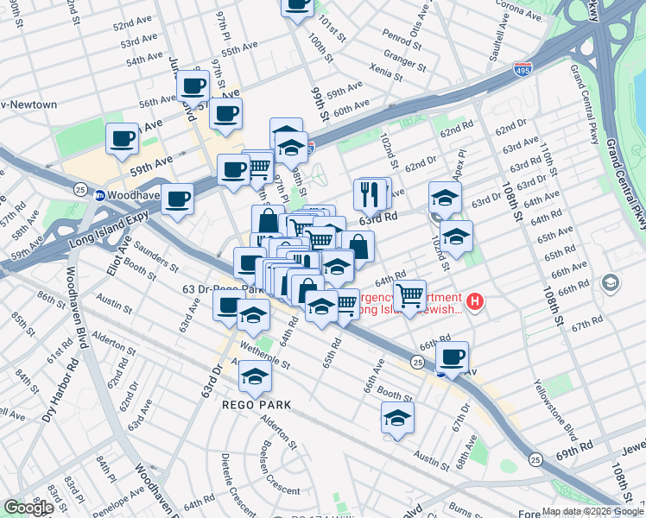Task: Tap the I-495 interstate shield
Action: click(x=522, y=67)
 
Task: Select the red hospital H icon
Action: click(x=475, y=301)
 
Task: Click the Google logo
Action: click(x=28, y=508)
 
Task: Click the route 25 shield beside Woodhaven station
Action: click(x=79, y=188)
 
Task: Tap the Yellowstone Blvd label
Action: click(x=554, y=405)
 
